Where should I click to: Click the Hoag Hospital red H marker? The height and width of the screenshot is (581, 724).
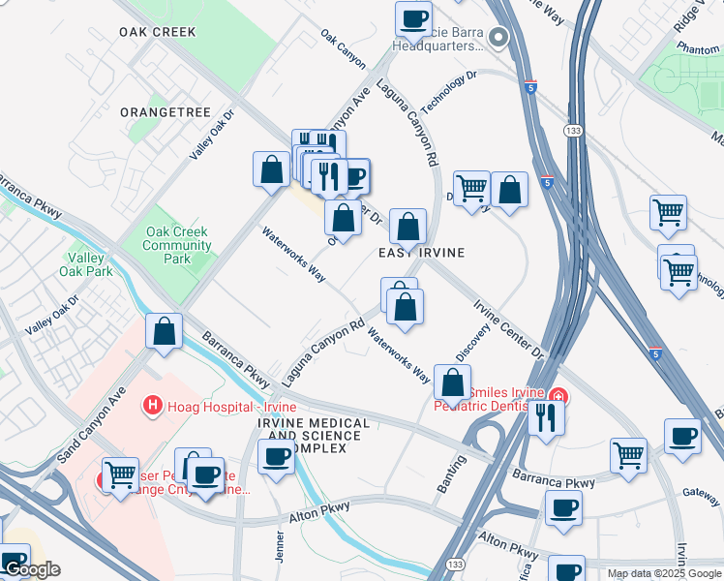pyautogui.click(x=152, y=405)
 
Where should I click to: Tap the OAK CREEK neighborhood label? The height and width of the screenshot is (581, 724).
pyautogui.click(x=158, y=32)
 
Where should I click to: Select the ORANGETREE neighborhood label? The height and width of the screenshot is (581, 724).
pyautogui.click(x=166, y=112)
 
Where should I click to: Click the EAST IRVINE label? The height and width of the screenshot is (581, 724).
pyautogui.click(x=421, y=253)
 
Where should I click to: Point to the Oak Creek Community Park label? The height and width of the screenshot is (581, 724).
pyautogui.click(x=177, y=246)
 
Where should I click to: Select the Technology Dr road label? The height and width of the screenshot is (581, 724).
pyautogui.click(x=449, y=91)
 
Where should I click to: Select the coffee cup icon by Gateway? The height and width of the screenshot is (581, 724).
pyautogui.click(x=683, y=437)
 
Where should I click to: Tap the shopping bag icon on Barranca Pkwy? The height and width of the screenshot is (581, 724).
pyautogui.click(x=166, y=331)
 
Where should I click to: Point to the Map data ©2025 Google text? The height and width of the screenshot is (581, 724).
pyautogui.click(x=665, y=573)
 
